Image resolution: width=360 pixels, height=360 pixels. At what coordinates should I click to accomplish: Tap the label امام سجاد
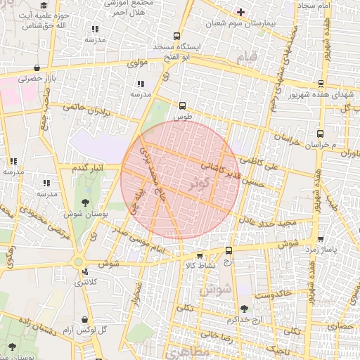[314, 6]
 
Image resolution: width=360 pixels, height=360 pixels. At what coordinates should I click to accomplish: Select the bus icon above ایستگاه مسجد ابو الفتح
[176, 36]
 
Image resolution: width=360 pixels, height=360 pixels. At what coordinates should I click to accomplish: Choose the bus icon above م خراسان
[321, 134]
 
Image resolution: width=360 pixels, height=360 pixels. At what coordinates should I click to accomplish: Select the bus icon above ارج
[229, 250]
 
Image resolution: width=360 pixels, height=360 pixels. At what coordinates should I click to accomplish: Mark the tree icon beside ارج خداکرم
[244, 309]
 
